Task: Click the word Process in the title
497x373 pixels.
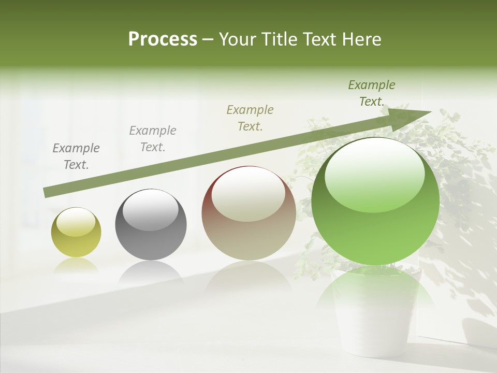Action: [163, 39]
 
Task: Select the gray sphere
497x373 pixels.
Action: [151, 225]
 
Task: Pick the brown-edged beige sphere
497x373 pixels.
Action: [248, 213]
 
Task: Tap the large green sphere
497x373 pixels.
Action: [375, 201]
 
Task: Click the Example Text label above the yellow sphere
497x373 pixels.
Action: [76, 156]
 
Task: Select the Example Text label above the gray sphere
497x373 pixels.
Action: [153, 139]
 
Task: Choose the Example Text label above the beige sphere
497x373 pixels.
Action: [250, 118]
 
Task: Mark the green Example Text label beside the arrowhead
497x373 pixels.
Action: [372, 93]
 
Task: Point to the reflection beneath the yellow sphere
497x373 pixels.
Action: [76, 265]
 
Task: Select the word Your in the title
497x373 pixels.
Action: [236, 39]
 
